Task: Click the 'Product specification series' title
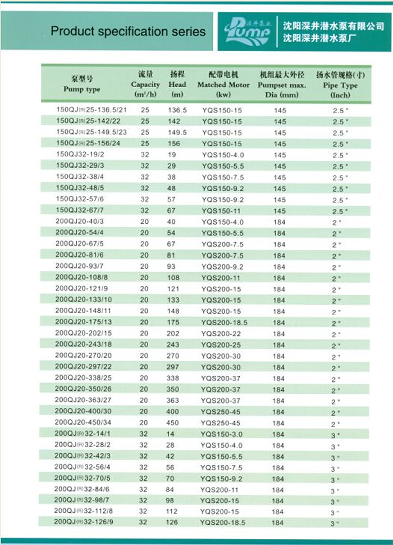point(128,31)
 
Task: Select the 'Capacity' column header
point(145,84)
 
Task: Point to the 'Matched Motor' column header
point(223,84)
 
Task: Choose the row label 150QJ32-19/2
point(80,154)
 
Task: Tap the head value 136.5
point(177,110)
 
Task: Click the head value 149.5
point(177,132)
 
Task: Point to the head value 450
point(173,423)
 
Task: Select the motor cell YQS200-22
point(222,334)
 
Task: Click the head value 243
point(173,344)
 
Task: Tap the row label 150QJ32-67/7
point(80,210)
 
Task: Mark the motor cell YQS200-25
point(222,344)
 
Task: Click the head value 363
point(173,400)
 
